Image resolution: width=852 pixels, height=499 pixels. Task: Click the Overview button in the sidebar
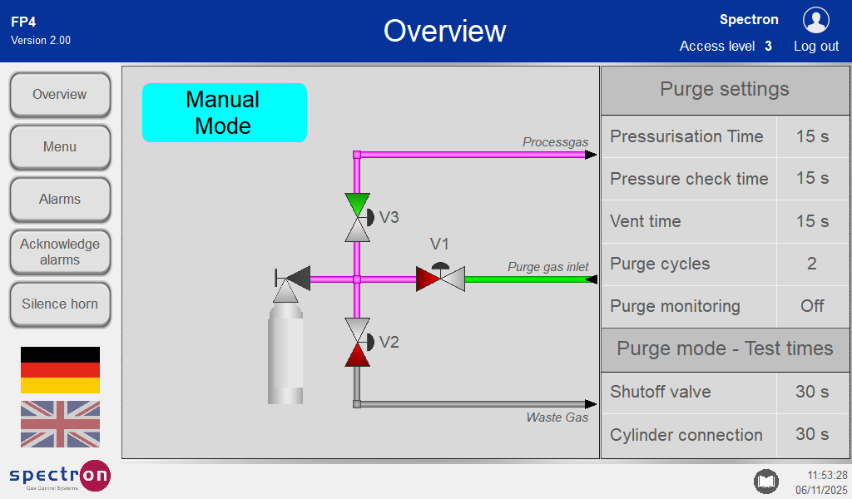60,95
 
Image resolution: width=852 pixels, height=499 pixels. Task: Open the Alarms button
60,200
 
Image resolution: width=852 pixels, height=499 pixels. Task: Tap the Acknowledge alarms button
60,252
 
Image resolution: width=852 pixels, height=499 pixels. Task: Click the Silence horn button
60,304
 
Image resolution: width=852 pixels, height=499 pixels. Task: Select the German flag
60,370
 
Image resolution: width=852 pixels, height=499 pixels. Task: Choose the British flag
60,424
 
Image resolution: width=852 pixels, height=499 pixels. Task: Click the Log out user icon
815,21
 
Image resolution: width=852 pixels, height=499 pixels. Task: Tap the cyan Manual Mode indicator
224,112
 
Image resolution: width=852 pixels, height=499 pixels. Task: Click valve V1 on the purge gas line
440,278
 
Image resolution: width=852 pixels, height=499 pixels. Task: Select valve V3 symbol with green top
358,217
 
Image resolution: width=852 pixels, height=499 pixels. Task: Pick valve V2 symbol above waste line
358,342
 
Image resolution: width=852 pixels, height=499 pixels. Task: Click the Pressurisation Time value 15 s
812,136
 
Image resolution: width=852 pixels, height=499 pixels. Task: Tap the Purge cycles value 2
812,264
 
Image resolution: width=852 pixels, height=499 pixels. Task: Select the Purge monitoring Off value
812,306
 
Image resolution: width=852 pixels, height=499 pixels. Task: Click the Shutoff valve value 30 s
812,392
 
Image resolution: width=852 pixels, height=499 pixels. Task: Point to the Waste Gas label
557,417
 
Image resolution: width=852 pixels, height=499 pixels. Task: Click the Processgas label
555,142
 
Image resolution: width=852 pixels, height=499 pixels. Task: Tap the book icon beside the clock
765,481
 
